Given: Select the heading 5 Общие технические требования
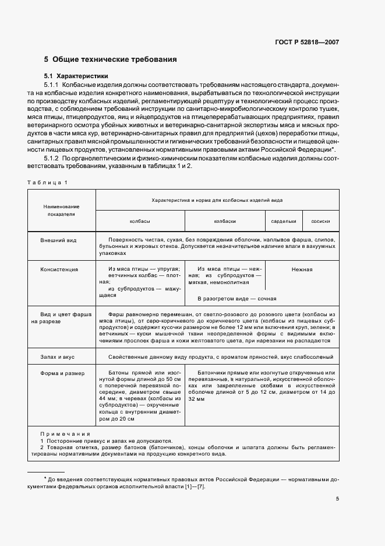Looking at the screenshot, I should point(111,60).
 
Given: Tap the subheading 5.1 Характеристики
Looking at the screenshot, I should point(76,76).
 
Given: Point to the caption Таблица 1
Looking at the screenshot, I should point(48,183).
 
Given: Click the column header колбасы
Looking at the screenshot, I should point(140,221).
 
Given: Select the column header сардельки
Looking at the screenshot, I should point(284,221).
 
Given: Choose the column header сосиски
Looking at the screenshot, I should point(320,221).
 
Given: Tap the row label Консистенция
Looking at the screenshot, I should point(59,269).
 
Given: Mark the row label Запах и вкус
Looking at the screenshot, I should point(58,356).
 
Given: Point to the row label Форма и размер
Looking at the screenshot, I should point(62,373).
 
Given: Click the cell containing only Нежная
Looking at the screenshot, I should point(302,269).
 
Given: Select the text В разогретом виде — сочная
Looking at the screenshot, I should point(236,299).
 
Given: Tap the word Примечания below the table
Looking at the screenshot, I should point(65,434).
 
